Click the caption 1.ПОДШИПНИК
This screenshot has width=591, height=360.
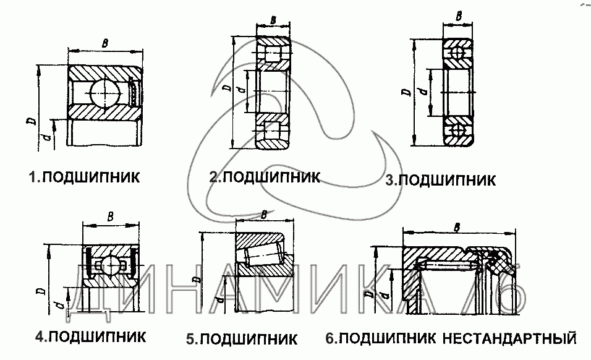[x=83, y=178]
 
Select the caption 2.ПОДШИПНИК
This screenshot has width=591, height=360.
[x=264, y=177]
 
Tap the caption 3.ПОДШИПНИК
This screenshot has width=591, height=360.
[x=440, y=181]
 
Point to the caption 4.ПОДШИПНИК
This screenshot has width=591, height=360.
[x=90, y=337]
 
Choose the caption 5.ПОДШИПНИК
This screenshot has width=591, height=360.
[x=242, y=339]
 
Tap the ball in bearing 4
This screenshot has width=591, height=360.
[x=109, y=265]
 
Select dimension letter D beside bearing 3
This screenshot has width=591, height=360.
[x=406, y=93]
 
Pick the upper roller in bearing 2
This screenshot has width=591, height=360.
[x=273, y=52]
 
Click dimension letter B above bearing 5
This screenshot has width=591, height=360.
[x=264, y=214]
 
